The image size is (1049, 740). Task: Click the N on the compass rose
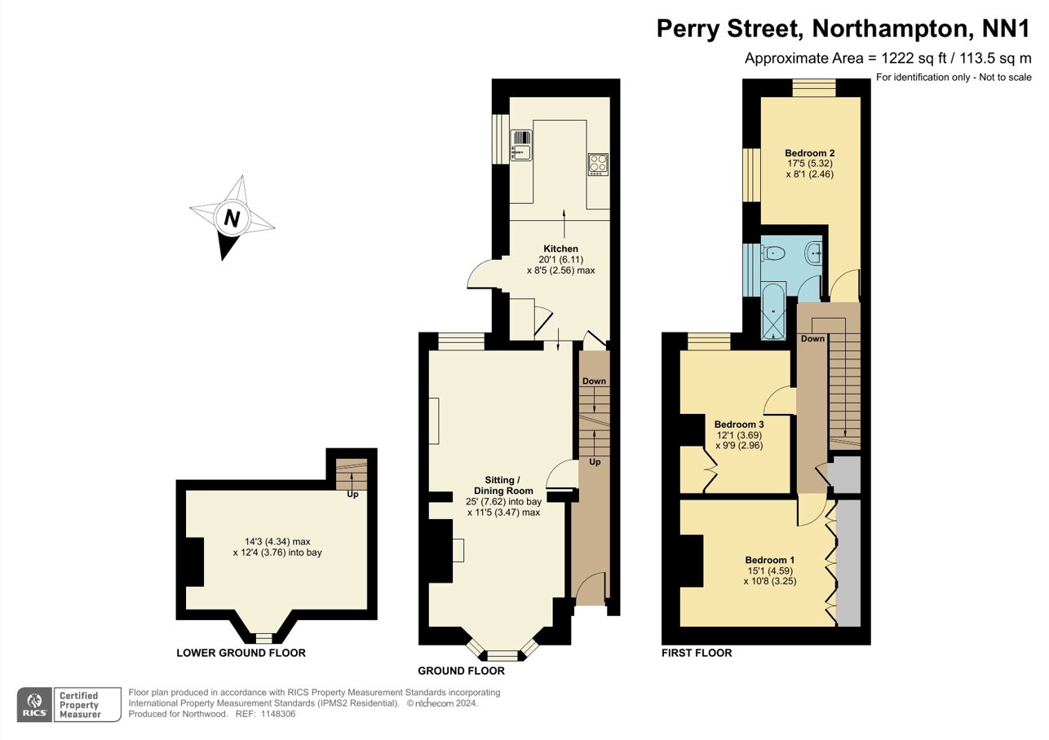(232, 218)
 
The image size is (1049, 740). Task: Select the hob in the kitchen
(598, 164)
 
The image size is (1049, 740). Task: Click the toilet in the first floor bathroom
(773, 253)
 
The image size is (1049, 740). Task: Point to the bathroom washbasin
(813, 254)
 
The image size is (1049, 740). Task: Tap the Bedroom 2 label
(809, 153)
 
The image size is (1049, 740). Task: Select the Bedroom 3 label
(738, 425)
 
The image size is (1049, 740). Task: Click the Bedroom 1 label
(769, 560)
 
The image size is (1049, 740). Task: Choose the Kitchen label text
(560, 249)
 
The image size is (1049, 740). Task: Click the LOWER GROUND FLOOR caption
(241, 653)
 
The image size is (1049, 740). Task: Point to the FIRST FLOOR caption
(697, 653)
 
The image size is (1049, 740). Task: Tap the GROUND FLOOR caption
(461, 671)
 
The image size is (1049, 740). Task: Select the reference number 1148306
(277, 714)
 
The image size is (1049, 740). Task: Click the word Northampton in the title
(875, 29)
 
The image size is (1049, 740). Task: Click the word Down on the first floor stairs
(812, 338)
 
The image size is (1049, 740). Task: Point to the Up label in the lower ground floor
(352, 494)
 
